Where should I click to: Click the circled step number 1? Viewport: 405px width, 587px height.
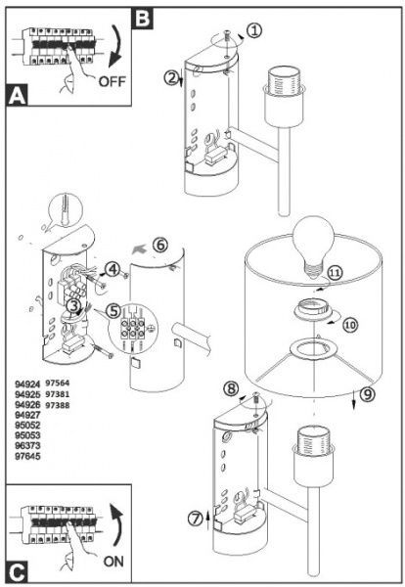(254, 30)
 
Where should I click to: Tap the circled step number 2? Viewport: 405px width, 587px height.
(171, 78)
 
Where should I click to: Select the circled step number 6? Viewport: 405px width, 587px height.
(160, 245)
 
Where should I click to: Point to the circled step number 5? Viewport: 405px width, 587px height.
(113, 311)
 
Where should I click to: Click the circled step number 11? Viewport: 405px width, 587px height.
(335, 272)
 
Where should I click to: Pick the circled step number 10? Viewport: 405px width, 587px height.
(350, 325)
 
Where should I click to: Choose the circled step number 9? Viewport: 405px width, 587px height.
(368, 394)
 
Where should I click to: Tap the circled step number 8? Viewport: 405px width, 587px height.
(231, 387)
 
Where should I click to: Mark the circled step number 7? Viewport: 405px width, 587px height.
(196, 519)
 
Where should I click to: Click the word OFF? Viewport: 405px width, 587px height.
(112, 81)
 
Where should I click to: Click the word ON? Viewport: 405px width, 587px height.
(113, 562)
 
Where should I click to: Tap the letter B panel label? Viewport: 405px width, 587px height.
(143, 18)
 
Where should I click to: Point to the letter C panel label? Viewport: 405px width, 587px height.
(18, 572)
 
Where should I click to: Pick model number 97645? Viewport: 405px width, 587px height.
(27, 456)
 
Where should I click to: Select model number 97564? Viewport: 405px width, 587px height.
(58, 383)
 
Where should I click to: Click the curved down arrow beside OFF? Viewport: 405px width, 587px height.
(116, 46)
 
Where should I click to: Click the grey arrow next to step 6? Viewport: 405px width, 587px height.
(140, 248)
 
